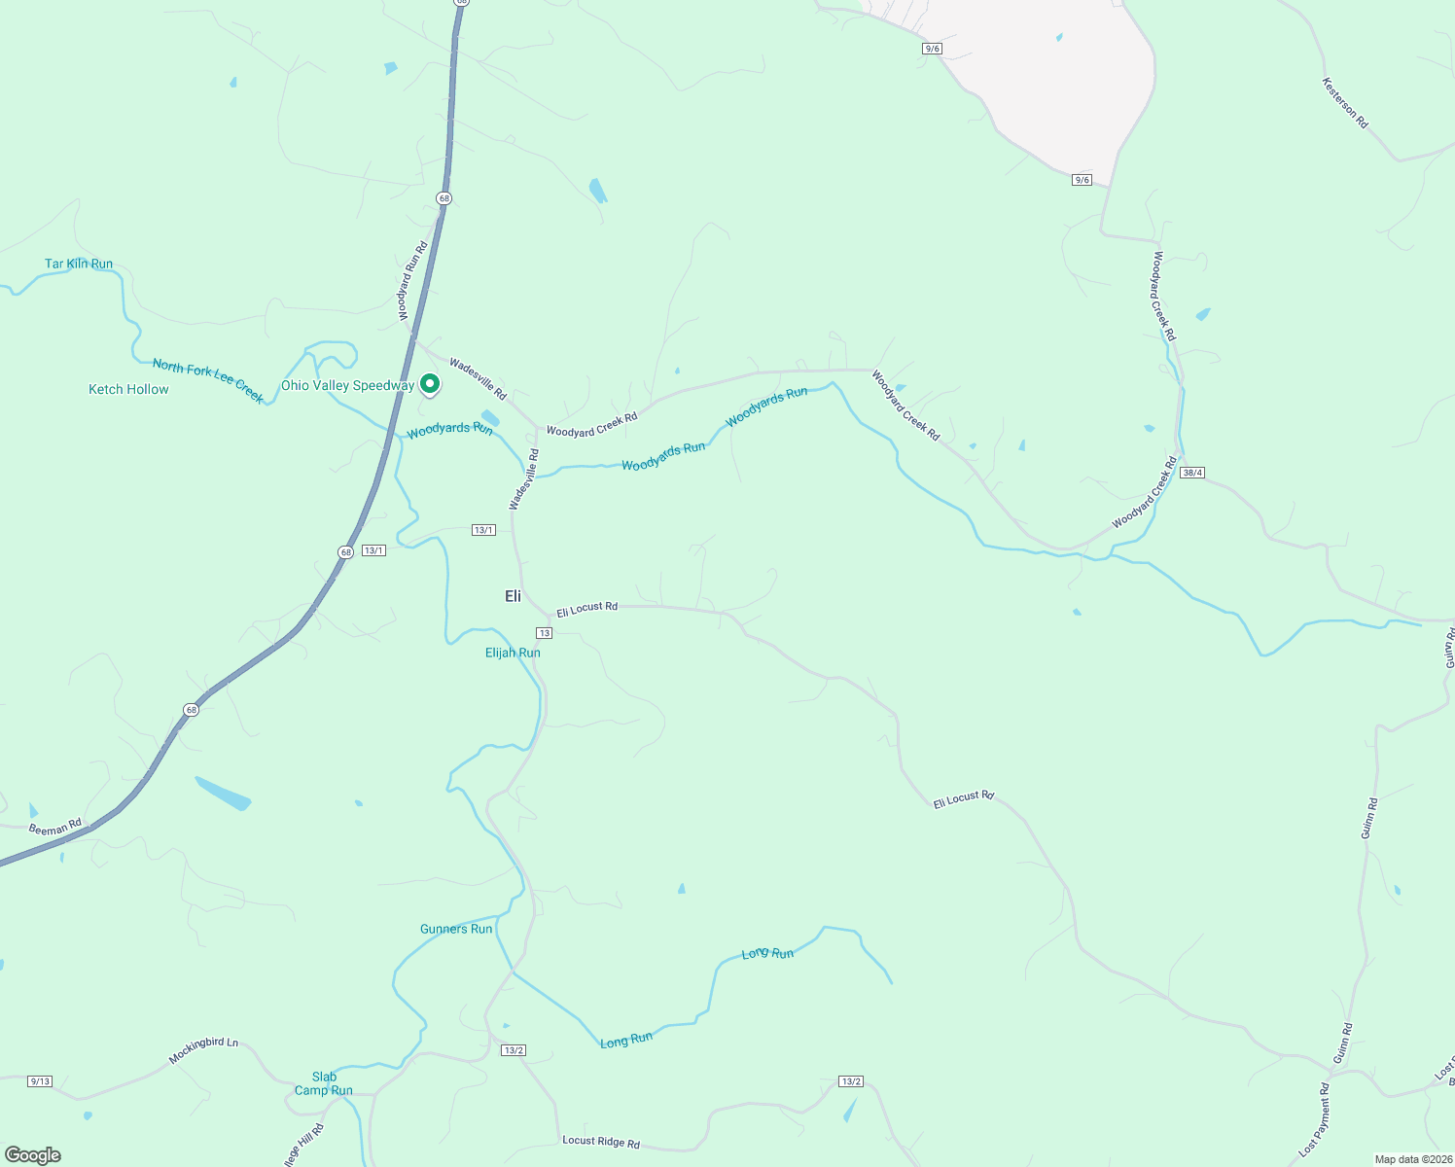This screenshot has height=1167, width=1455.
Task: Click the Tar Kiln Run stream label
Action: [79, 264]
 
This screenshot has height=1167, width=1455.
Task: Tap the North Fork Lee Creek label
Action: [208, 380]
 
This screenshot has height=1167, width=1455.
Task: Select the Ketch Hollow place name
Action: [128, 389]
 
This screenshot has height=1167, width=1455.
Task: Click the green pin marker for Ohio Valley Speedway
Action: [429, 384]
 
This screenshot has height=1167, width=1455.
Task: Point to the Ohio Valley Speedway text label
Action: [347, 386]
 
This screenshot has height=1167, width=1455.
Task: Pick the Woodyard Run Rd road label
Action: [413, 281]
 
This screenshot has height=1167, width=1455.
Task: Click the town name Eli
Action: [513, 596]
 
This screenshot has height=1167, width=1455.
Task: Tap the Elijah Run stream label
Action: [513, 653]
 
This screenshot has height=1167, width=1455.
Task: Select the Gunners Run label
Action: [456, 929]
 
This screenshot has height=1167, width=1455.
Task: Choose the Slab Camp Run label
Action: [324, 1083]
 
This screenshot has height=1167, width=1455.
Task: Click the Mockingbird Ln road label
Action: [203, 1049]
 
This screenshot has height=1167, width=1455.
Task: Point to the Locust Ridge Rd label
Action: [601, 1141]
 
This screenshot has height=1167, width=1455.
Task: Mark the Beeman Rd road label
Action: [55, 829]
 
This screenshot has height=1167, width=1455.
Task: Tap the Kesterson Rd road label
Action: [1345, 103]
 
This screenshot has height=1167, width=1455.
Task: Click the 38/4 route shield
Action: [1192, 473]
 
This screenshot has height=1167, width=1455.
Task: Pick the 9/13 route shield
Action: [40, 1080]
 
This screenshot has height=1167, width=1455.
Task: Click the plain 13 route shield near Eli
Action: [544, 633]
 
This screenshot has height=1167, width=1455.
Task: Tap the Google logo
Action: [33, 1155]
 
